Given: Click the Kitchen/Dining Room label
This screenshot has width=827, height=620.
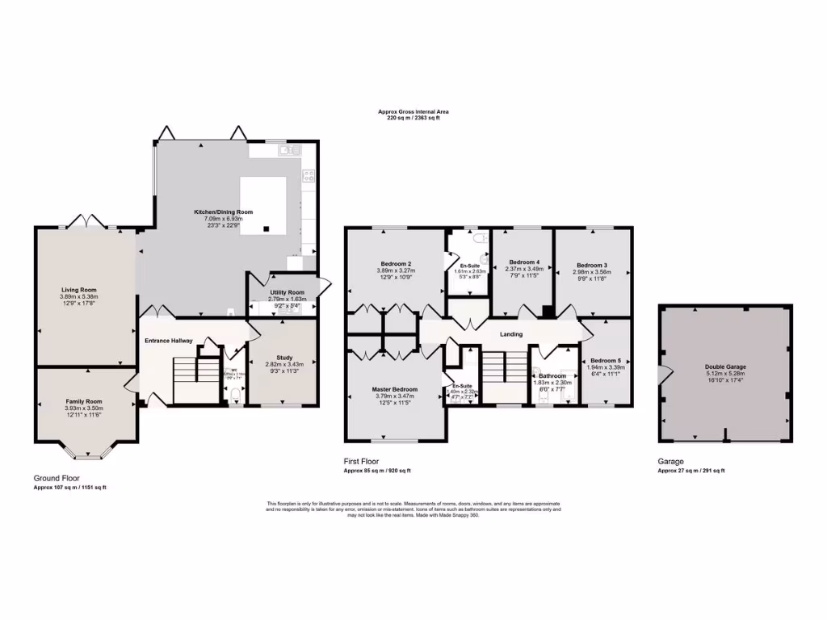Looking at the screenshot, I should click(x=223, y=212).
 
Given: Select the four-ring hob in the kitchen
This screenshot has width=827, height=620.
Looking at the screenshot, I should click(x=308, y=174).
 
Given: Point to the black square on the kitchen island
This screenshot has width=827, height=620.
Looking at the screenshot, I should click(x=266, y=228).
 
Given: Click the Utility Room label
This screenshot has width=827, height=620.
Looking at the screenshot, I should click(x=287, y=292).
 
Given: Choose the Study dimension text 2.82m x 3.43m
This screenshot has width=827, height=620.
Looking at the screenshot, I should click(x=283, y=366).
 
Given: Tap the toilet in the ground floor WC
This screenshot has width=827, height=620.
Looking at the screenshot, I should click(x=235, y=394).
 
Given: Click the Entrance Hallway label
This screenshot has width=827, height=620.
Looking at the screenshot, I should click(x=168, y=341).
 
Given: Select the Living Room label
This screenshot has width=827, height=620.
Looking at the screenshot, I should click(x=79, y=289).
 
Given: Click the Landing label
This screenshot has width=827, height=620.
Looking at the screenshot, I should click(x=511, y=334).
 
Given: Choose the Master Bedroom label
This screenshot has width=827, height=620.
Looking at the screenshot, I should click(x=394, y=389).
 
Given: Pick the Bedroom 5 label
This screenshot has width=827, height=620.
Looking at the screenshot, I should click(x=605, y=360).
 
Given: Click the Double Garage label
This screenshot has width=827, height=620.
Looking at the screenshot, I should click(x=724, y=367).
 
